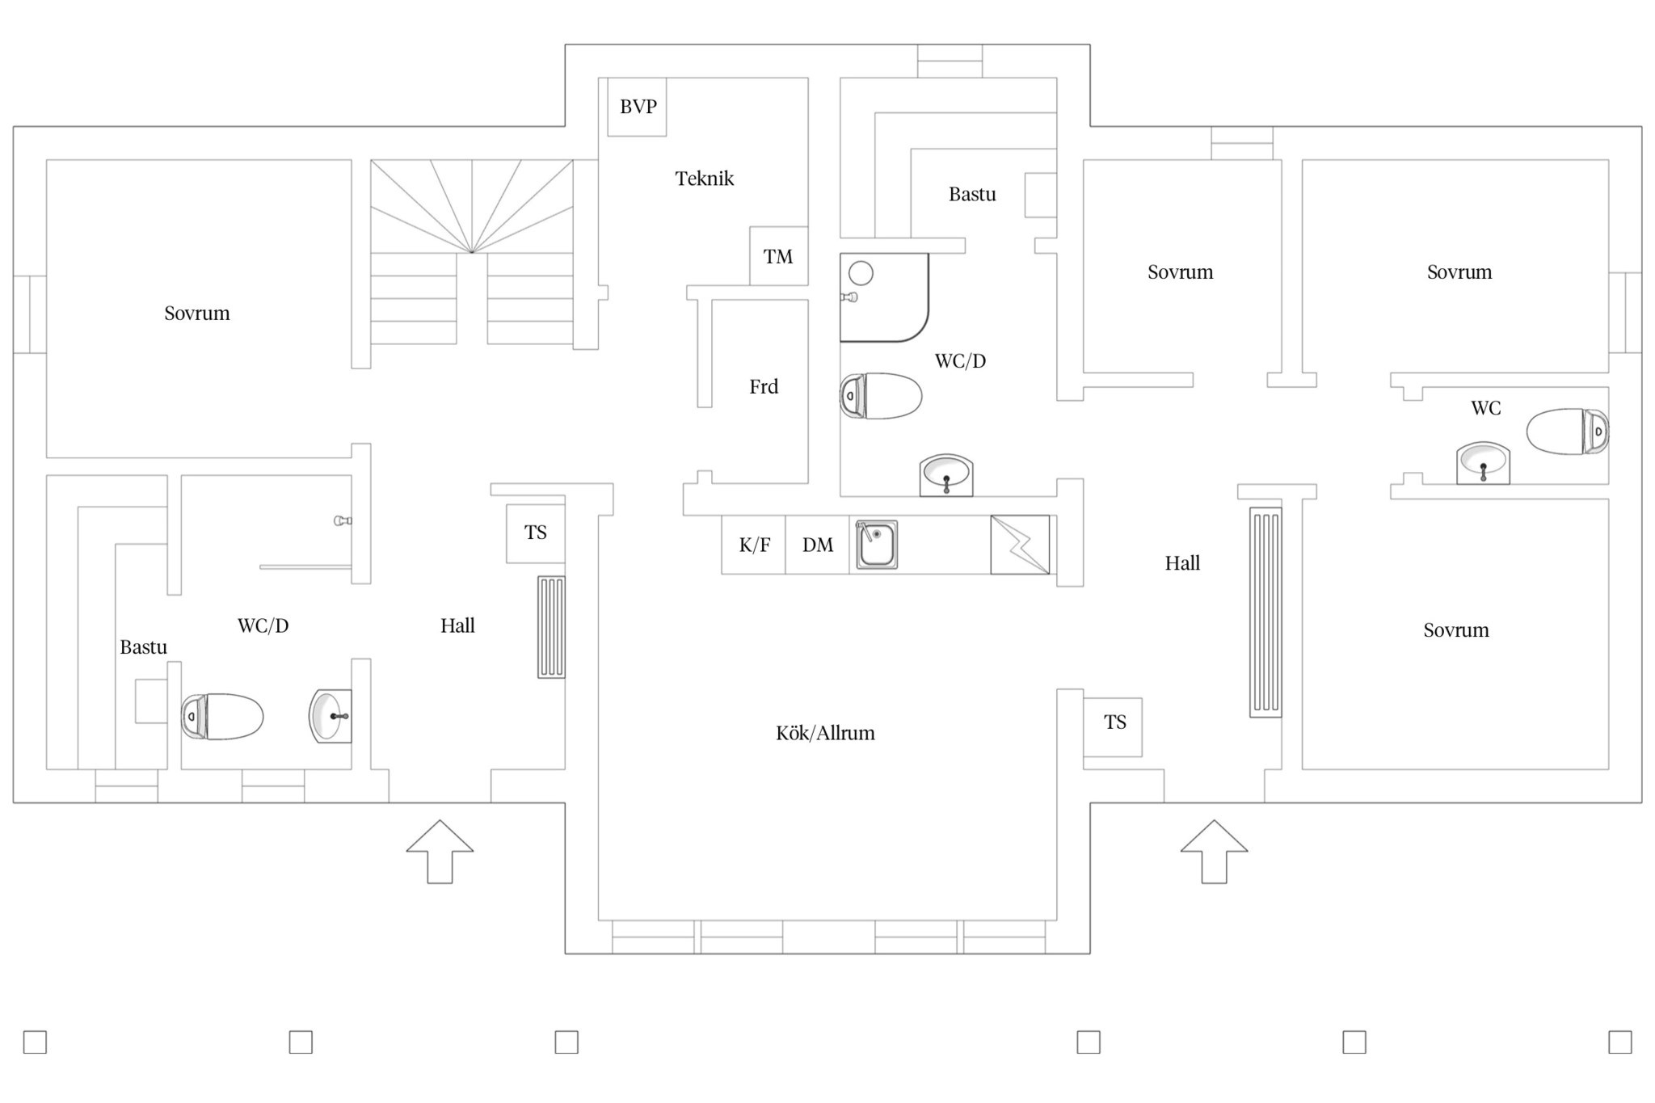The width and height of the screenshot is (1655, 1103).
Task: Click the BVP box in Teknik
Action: [x=637, y=107]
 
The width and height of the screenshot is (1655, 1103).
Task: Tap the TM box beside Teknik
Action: [x=779, y=255]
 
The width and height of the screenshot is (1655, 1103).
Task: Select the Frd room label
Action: [x=764, y=386]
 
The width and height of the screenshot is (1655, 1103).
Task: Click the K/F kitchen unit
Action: [x=753, y=545]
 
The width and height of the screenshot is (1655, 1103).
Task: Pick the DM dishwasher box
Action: [x=817, y=545]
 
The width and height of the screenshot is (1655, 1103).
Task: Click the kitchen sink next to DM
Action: [x=877, y=545]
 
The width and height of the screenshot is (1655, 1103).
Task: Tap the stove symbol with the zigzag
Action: [x=1020, y=545]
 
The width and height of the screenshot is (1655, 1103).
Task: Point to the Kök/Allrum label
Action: [x=825, y=733]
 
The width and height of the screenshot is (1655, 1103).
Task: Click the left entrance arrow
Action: [x=440, y=852]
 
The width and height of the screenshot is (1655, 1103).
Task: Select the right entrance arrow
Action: [x=1214, y=852]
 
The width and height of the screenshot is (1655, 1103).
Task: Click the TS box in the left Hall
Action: [x=536, y=533]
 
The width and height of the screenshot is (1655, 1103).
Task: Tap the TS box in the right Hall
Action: [x=1113, y=727]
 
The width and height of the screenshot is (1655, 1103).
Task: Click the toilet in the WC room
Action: [x=1568, y=432]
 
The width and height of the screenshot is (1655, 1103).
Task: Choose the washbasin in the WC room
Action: [x=1483, y=463]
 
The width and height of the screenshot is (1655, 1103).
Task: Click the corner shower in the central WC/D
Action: [x=884, y=297]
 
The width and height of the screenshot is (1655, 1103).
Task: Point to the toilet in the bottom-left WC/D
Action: [x=222, y=717]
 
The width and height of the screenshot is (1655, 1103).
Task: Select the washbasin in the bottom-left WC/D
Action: [x=331, y=716]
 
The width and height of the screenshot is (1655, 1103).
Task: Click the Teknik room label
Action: [x=705, y=179]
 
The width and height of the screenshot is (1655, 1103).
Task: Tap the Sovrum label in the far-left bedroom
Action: [x=197, y=314]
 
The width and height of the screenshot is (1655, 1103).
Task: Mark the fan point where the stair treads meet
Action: [x=472, y=252]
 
